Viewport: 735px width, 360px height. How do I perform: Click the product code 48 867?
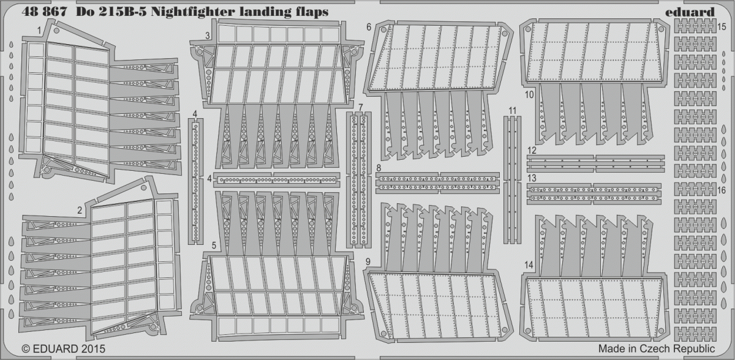coord(44,12)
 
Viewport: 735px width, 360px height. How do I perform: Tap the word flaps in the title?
coord(311,12)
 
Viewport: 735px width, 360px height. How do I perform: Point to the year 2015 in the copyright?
coord(91,348)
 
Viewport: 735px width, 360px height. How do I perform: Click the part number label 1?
coord(39,31)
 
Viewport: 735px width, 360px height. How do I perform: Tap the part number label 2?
coord(80,210)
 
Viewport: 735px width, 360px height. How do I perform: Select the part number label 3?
coord(208,36)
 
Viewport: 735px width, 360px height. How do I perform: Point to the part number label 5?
coord(214,246)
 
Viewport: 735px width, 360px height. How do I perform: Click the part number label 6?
coord(369,27)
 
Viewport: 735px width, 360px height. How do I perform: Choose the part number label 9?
coord(368,261)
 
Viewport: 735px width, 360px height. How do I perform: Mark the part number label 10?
coord(529,95)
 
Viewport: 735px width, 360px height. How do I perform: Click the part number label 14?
coord(529,265)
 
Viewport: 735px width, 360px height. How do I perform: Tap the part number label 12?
coord(532,151)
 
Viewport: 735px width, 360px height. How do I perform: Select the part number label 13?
coord(532,178)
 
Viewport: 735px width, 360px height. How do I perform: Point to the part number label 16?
coord(722,190)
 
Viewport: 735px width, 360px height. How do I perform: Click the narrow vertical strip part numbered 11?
coord(512,180)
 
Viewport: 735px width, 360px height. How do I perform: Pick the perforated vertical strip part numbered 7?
coord(359,179)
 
